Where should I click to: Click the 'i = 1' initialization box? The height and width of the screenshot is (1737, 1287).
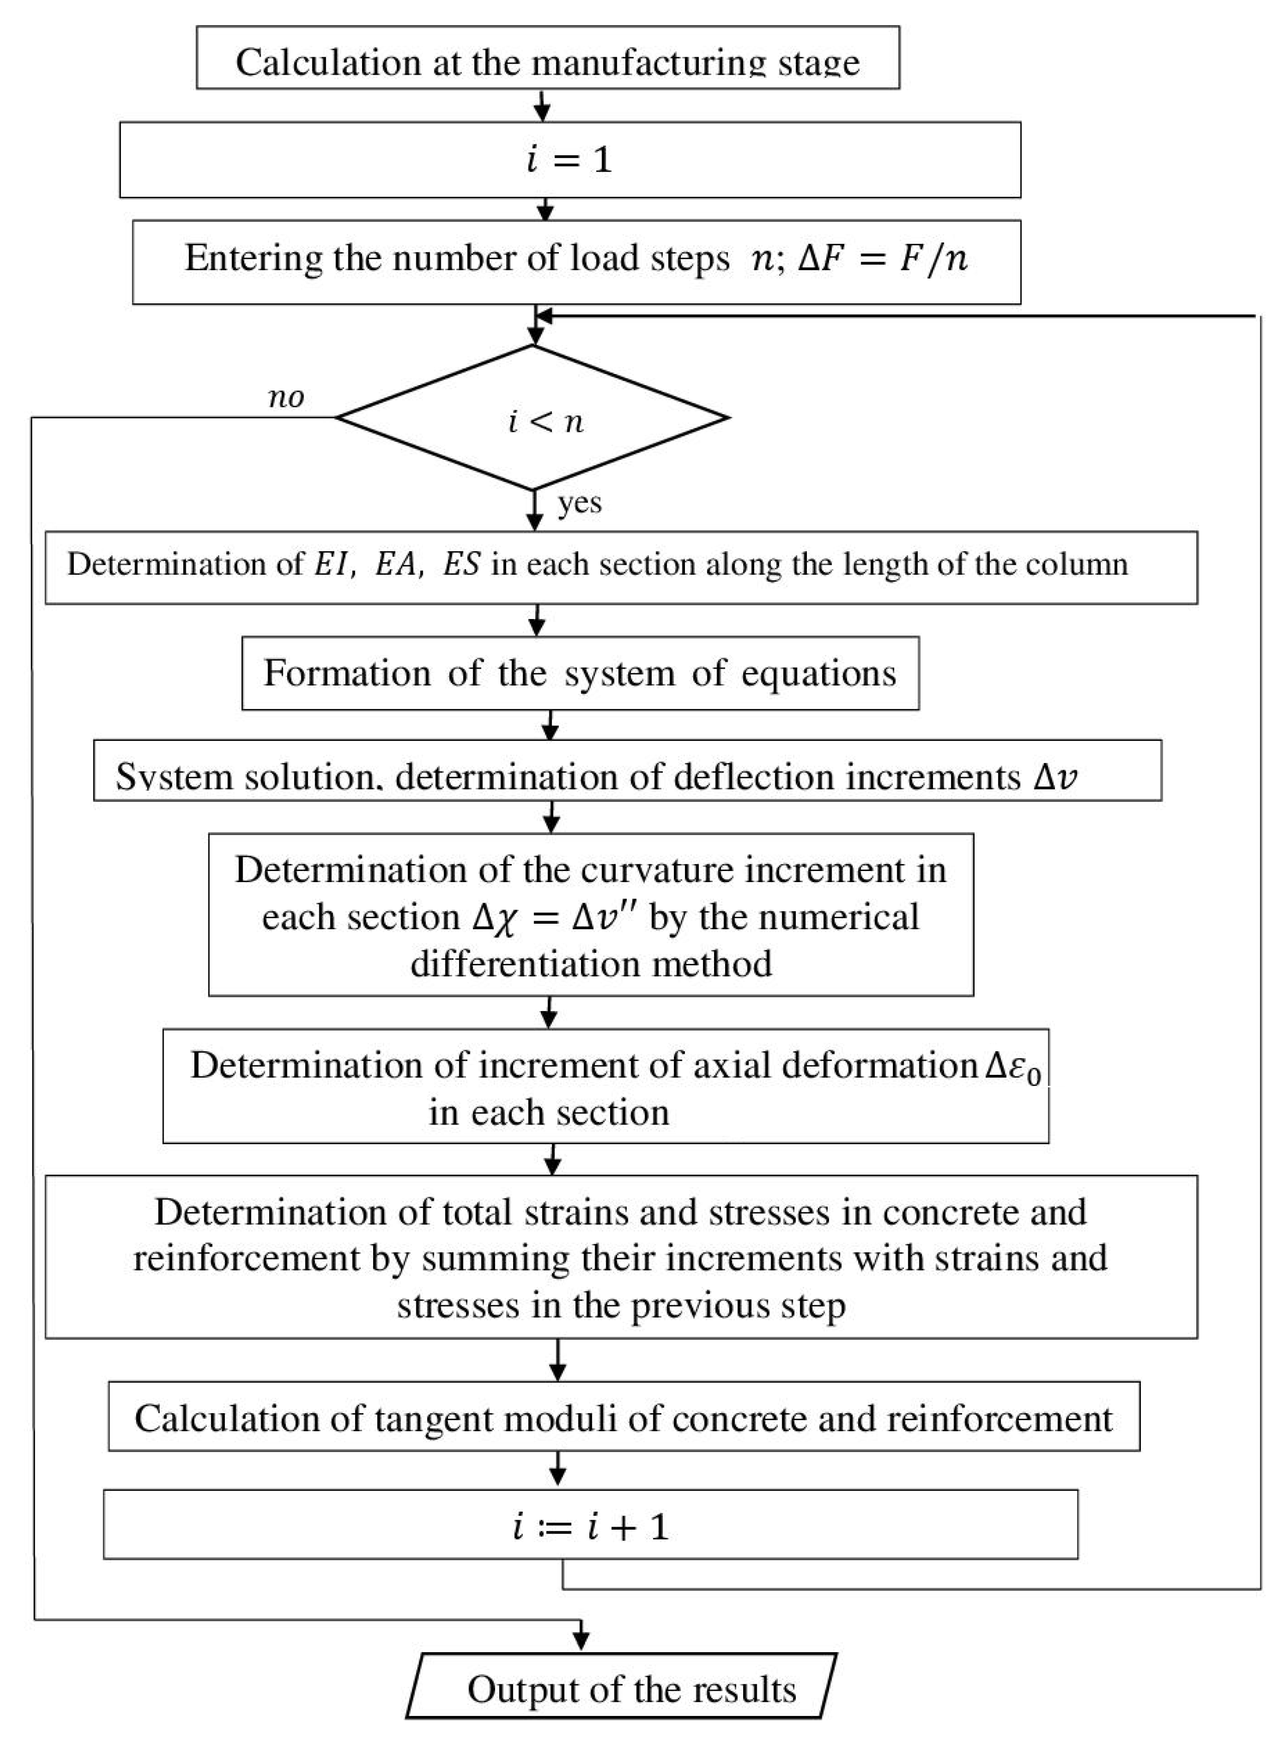pos(569,160)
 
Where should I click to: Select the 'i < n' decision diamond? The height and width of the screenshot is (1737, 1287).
pos(533,418)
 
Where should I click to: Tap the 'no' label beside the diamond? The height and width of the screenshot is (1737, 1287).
pos(286,398)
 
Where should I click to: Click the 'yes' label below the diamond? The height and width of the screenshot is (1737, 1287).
pos(579,503)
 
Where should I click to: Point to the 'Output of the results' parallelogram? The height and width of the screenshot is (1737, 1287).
pos(621,1690)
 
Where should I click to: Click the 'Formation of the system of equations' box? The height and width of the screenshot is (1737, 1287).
pos(580,673)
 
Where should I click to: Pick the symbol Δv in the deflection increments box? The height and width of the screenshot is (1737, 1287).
pos(1056,777)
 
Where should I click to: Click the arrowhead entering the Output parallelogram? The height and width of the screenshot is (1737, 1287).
pos(580,1641)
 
